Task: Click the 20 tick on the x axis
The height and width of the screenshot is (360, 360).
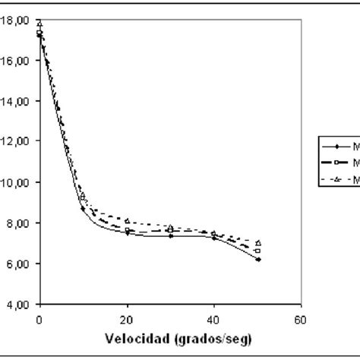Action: point(127,318)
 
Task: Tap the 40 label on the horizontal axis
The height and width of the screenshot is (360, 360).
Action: point(214,318)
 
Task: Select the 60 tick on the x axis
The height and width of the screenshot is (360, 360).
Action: point(302,318)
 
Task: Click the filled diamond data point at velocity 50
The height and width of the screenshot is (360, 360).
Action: point(257,260)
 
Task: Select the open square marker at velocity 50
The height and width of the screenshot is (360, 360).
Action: point(257,251)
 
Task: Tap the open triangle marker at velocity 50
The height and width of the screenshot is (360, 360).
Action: point(257,243)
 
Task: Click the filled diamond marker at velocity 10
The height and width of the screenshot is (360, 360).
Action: point(83,208)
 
